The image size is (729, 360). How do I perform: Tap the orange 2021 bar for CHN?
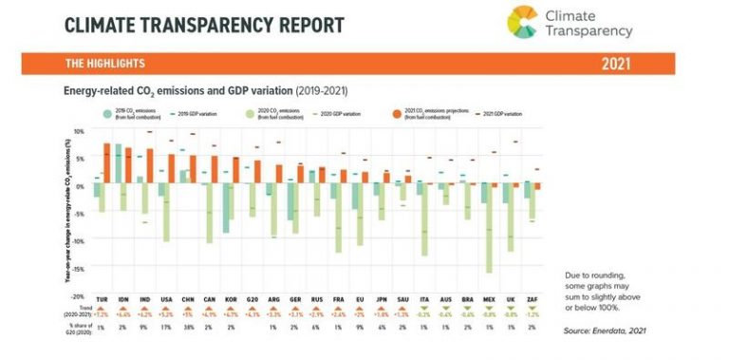(x=193, y=169)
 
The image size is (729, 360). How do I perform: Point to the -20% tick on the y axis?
(x=79, y=297)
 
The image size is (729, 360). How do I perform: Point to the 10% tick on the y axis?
(x=80, y=130)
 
